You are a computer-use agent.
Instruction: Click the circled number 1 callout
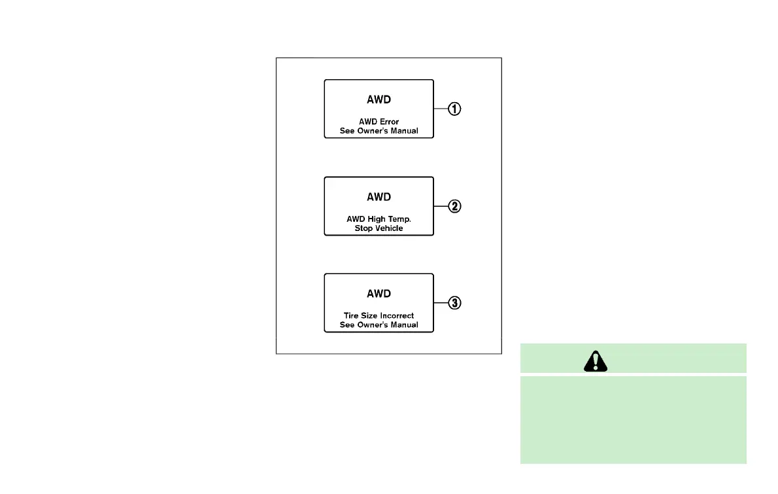[x=454, y=109]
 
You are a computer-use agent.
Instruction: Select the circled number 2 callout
[x=454, y=206]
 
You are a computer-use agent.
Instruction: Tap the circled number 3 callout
[x=454, y=303]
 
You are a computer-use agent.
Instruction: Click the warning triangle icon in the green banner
[x=595, y=359]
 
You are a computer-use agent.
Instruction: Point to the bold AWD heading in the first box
[x=379, y=100]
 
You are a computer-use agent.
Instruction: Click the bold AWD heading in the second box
[x=379, y=197]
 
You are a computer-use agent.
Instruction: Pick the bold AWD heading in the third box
[x=379, y=294]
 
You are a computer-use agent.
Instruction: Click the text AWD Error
[x=379, y=122]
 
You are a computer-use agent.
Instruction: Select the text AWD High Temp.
[x=379, y=219]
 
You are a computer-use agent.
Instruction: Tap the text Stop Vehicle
[x=379, y=228]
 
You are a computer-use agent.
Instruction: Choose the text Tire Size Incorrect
[x=379, y=316]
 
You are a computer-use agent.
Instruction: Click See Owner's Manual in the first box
[x=379, y=131]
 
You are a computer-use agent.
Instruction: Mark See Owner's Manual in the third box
[x=379, y=325]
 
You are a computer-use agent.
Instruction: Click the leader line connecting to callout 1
[x=441, y=109]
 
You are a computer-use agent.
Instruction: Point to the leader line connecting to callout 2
[x=441, y=206]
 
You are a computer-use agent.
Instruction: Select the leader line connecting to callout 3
[x=441, y=303]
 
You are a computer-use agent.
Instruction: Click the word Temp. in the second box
[x=399, y=219]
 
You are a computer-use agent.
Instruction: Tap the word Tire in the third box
[x=351, y=316]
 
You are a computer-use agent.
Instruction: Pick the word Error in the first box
[x=388, y=122]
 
